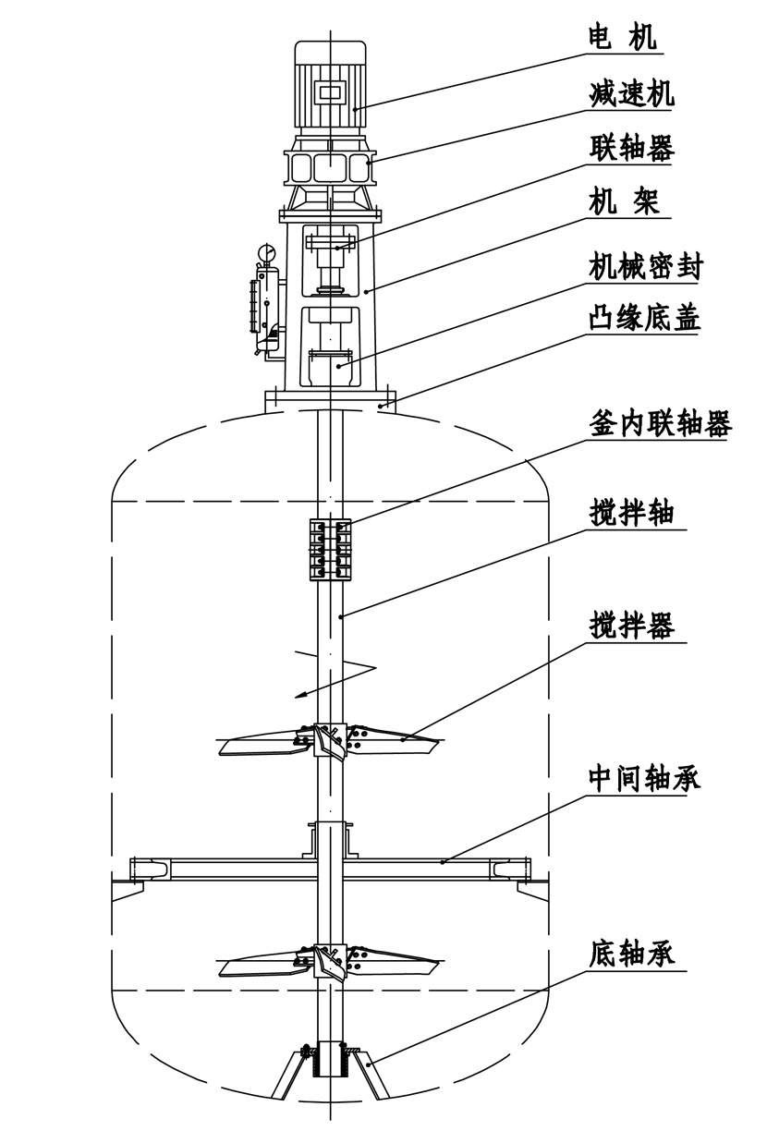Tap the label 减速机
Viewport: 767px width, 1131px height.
coord(632,93)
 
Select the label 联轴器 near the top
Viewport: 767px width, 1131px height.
coord(632,148)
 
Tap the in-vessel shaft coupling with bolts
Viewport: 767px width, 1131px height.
coord(330,548)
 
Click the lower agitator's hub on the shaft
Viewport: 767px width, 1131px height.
coord(330,961)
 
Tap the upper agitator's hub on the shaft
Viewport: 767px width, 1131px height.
coord(330,738)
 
